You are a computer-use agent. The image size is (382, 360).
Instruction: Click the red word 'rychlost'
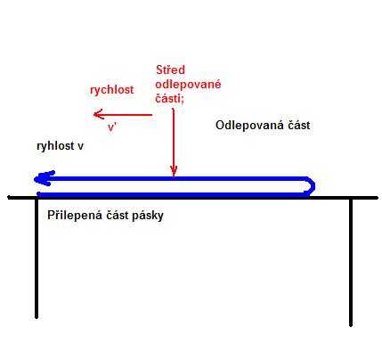click(x=112, y=90)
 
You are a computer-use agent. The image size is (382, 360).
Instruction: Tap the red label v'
click(x=111, y=127)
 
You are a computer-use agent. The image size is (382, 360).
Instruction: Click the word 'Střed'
click(x=170, y=70)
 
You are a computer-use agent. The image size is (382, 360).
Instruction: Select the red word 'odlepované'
click(x=188, y=85)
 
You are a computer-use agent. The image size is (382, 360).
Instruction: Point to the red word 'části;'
click(x=169, y=98)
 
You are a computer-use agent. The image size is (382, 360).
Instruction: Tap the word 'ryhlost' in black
click(x=55, y=146)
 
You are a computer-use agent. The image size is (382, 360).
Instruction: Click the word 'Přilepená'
click(x=74, y=215)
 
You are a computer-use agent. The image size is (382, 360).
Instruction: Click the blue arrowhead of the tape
click(x=44, y=178)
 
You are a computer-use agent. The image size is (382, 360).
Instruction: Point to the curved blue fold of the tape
click(x=310, y=186)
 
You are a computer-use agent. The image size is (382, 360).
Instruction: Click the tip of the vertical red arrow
click(x=174, y=176)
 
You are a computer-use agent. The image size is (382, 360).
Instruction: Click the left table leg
click(x=37, y=258)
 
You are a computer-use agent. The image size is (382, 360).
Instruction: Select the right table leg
click(x=351, y=262)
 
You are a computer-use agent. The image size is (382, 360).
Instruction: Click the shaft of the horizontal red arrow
click(x=123, y=115)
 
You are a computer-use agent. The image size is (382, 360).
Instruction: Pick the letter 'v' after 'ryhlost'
click(x=80, y=146)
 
